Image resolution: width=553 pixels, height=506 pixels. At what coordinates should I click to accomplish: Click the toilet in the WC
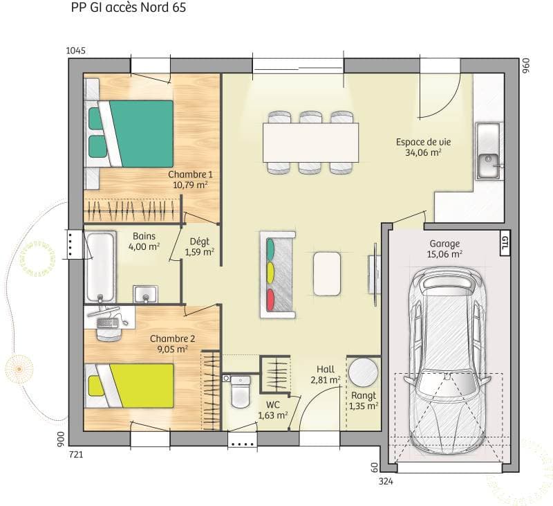pos(240,392)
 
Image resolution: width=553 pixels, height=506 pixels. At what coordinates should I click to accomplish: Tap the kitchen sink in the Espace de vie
pos(488,152)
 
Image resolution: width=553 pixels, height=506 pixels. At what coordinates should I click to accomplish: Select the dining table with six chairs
pos(311,142)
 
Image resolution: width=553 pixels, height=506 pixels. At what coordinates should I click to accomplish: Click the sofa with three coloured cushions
pos(277,275)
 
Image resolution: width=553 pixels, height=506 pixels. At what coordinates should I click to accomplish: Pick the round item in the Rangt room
pos(362,372)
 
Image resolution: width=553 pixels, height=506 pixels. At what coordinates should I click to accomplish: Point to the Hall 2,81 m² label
pos(325,374)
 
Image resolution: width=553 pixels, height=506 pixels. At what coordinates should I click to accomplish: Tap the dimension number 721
pos(76,455)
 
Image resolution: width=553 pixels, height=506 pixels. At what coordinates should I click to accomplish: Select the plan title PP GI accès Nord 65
pos(128,9)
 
